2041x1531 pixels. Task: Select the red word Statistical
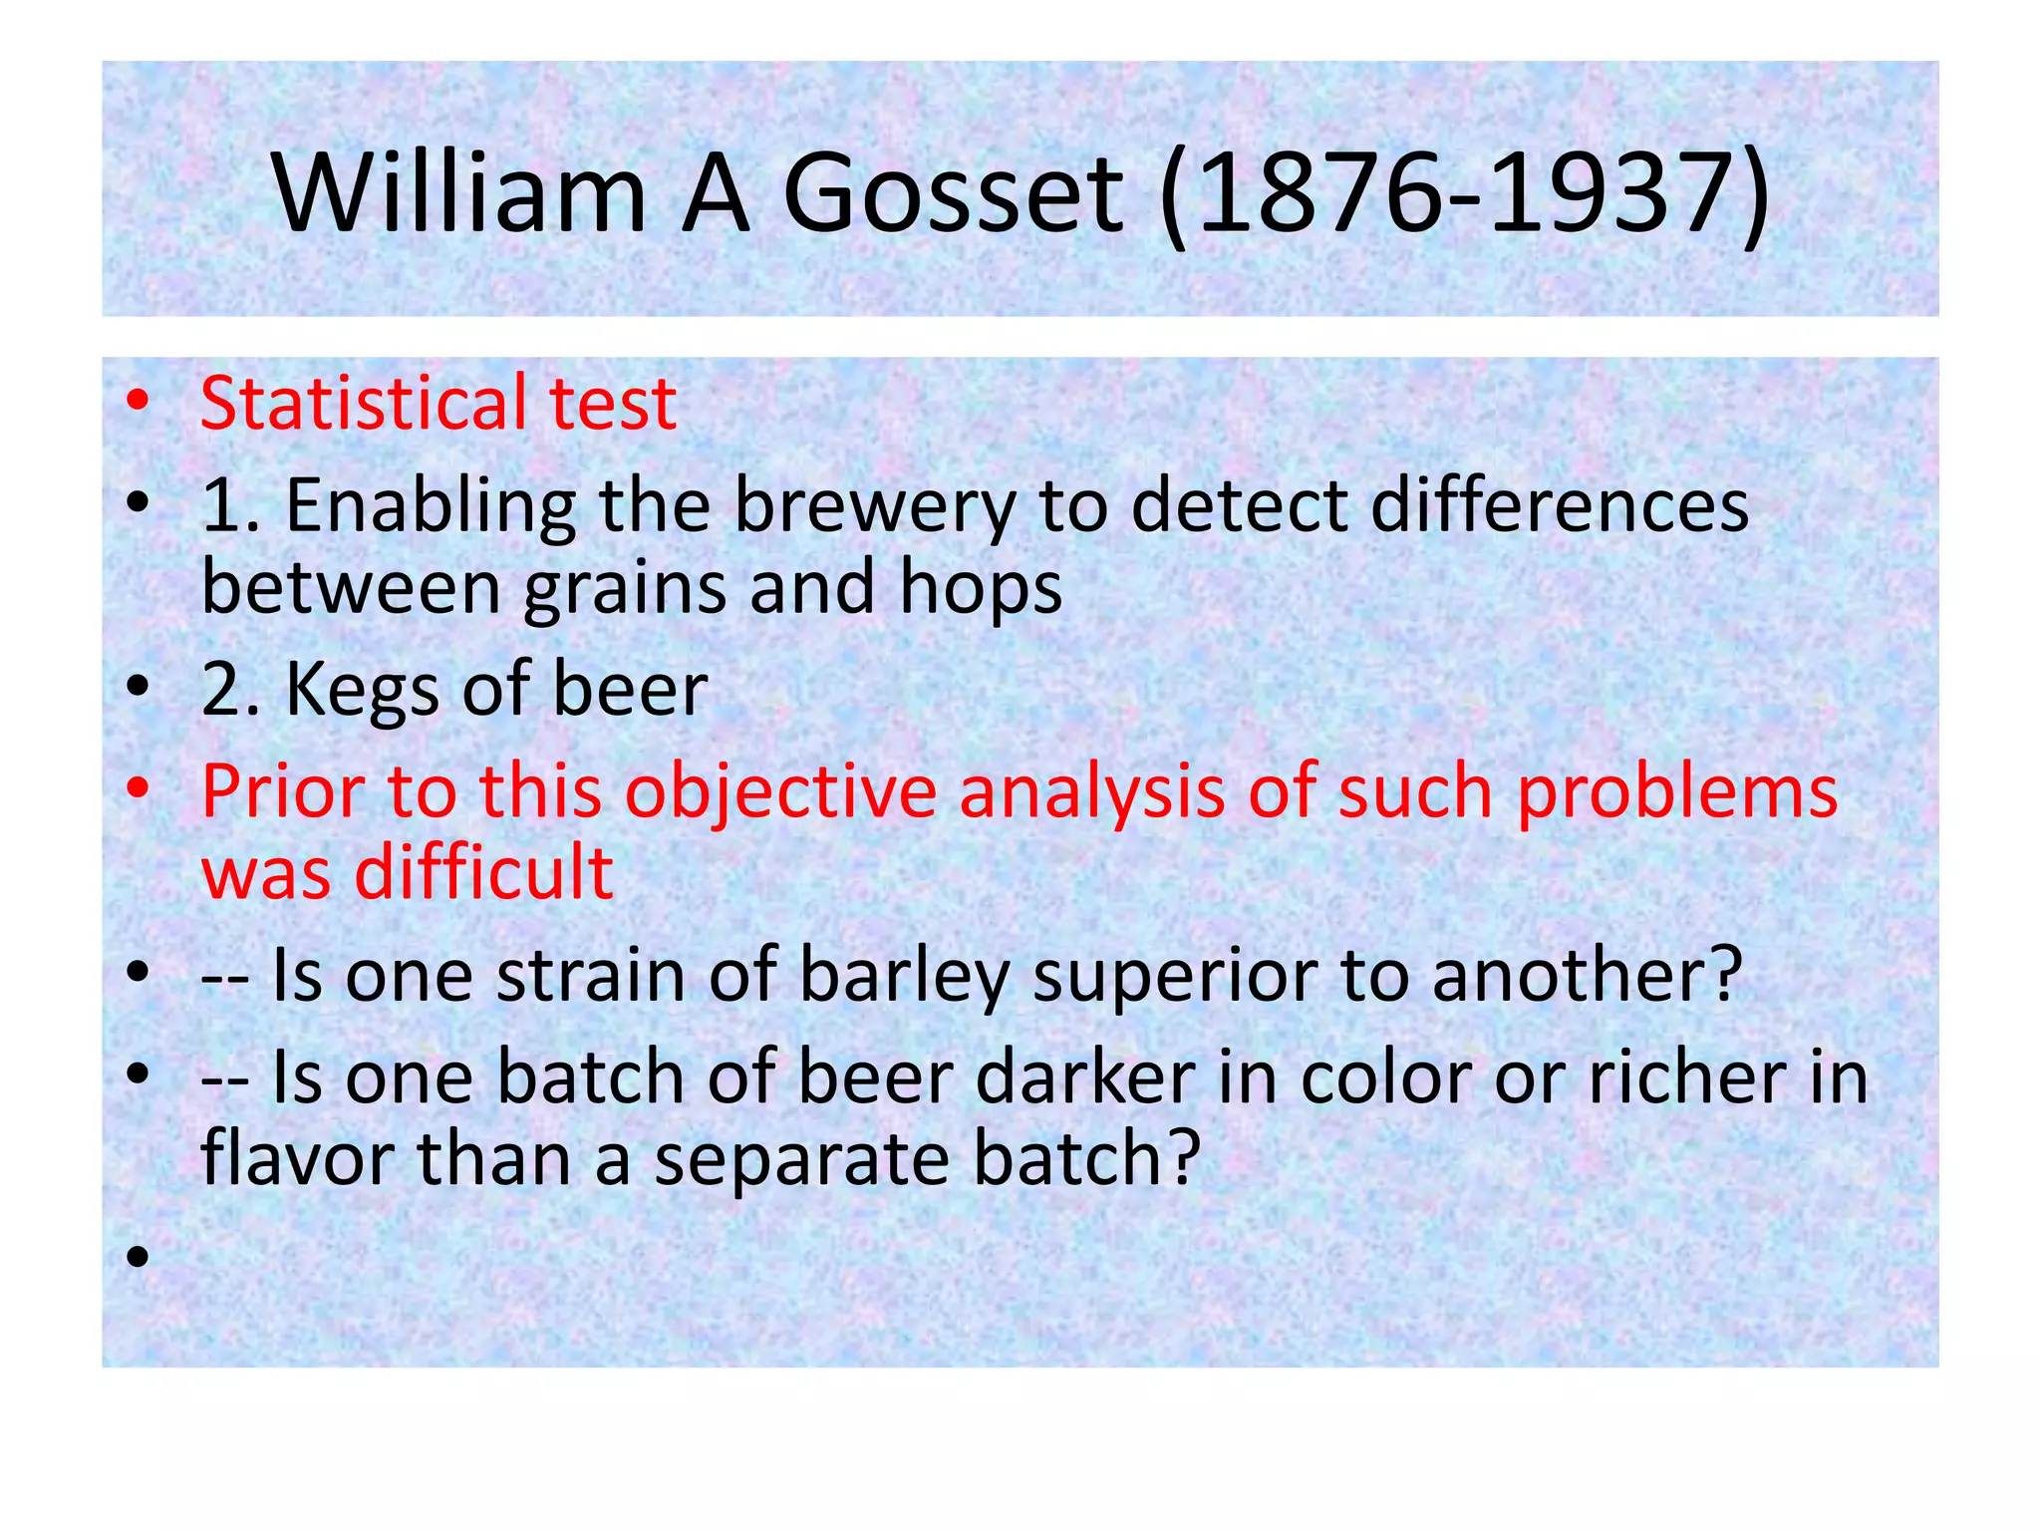tap(365, 403)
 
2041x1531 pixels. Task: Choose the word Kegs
tap(362, 690)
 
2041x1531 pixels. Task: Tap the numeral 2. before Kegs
tap(230, 690)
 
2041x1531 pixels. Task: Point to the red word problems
tap(1676, 791)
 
